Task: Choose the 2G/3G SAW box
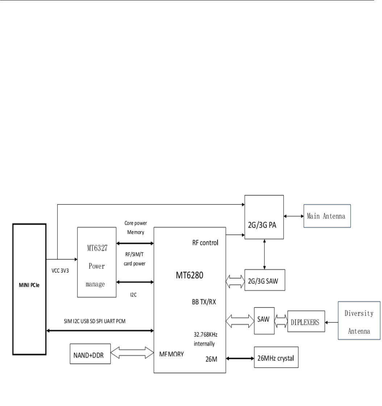pos(265,280)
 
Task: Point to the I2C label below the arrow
pos(134,295)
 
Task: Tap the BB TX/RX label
pos(204,302)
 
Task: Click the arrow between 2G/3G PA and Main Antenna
pos(293,216)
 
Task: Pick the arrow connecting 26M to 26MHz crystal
pos(239,358)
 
